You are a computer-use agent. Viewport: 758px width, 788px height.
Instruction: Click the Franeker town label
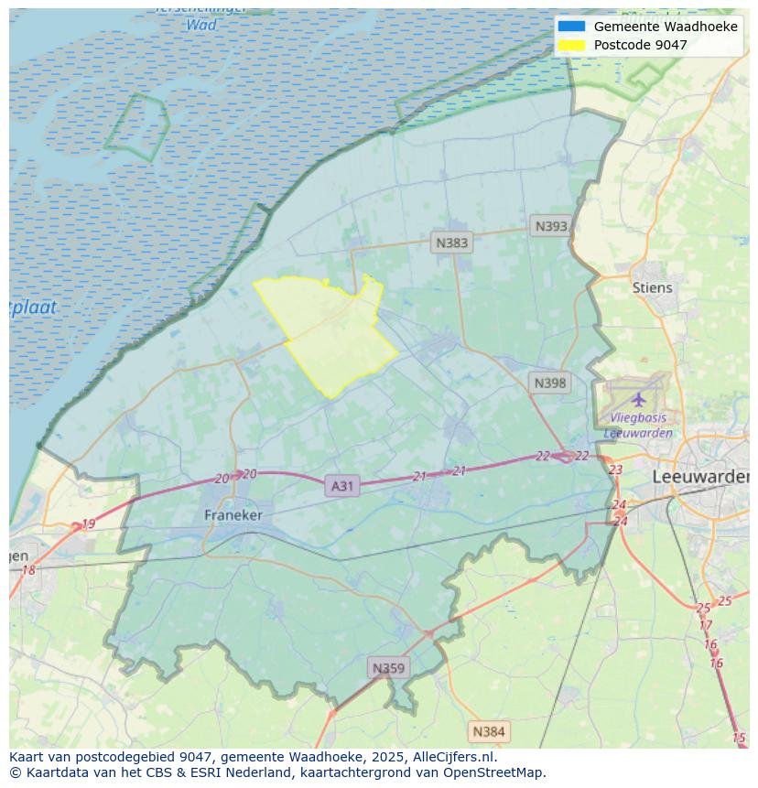233,515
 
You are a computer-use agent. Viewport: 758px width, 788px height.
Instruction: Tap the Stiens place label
652,287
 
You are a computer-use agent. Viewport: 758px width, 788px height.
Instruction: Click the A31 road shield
341,486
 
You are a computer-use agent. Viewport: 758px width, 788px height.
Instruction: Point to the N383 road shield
451,243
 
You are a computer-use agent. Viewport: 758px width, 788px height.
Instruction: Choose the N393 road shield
551,226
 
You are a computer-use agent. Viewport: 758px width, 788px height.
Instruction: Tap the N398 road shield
549,383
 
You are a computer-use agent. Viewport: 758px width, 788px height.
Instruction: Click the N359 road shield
388,668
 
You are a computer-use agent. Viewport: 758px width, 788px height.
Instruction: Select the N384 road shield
488,731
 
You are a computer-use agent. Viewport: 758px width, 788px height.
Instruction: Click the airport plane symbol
638,399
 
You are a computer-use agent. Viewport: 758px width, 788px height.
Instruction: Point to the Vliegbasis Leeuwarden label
638,426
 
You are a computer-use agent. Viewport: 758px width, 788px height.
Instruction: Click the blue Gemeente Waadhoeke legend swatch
570,27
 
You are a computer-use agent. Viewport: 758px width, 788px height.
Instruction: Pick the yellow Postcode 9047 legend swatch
570,44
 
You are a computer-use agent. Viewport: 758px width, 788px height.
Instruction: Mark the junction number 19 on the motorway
88,524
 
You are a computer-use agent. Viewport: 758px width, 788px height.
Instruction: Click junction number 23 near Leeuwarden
615,470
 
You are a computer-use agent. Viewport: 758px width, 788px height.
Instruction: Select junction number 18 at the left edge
28,570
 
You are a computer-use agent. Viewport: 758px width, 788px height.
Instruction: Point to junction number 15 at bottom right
739,738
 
